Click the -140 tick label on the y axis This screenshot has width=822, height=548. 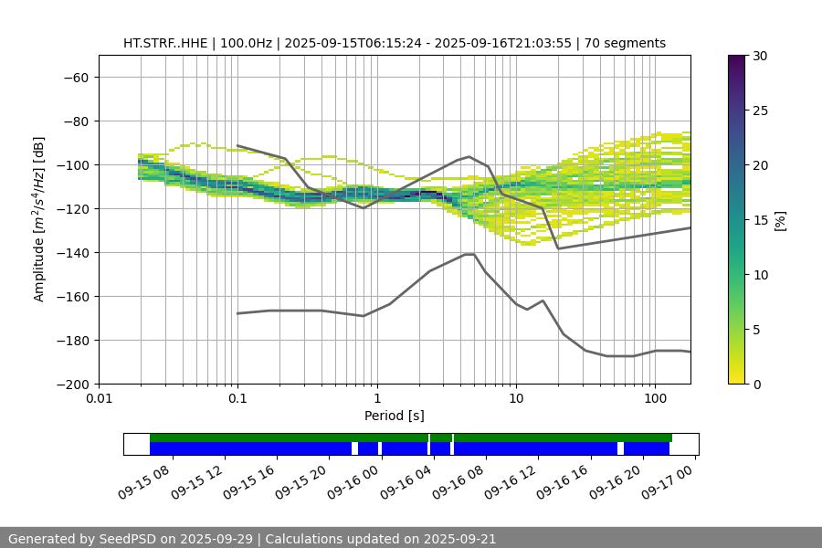tap(71, 252)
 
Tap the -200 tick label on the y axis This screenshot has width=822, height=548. tap(71, 384)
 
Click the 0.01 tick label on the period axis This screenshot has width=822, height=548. tap(99, 399)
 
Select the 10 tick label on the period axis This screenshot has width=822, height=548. tap(516, 399)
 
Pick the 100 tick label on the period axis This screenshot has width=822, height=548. tap(655, 399)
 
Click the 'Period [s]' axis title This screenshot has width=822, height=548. tap(395, 416)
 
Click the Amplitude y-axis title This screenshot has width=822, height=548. tap(38, 219)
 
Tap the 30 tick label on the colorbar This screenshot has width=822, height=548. tap(760, 56)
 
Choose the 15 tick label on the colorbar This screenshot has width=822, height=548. tap(760, 220)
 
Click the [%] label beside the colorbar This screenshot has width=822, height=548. tap(779, 220)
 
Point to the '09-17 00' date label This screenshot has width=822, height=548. tap(667, 480)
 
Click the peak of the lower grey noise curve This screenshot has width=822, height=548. tap(469, 254)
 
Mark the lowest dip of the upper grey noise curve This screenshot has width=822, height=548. tap(558, 248)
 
